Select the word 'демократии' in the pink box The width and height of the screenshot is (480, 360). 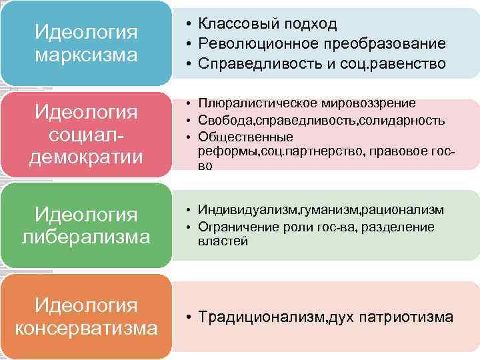(86, 157)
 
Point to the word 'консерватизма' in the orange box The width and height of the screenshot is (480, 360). (86, 329)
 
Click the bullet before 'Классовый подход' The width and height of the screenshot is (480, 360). (190, 25)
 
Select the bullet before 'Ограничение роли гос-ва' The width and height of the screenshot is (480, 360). (190, 227)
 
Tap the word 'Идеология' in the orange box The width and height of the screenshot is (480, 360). (86, 305)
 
